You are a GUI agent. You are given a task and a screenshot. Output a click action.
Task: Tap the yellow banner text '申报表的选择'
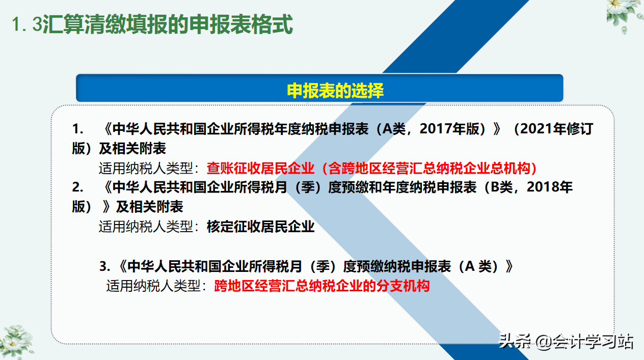coord(335,91)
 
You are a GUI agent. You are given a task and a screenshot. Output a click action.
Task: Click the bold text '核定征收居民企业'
coord(260,227)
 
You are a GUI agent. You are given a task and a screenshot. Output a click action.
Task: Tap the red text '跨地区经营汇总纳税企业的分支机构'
coord(322,286)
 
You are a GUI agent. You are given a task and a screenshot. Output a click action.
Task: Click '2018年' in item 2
coord(550,187)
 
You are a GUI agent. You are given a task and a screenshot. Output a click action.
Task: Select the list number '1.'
coord(77,129)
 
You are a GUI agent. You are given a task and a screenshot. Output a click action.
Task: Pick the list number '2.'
coord(77,187)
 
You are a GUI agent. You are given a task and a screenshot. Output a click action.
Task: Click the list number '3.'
coord(105,266)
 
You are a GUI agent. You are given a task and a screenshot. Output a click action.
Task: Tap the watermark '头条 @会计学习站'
coord(566,341)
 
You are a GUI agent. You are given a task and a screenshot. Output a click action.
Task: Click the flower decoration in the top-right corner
coord(624,15)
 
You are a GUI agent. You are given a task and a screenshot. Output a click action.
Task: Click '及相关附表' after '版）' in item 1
coord(132,149)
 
